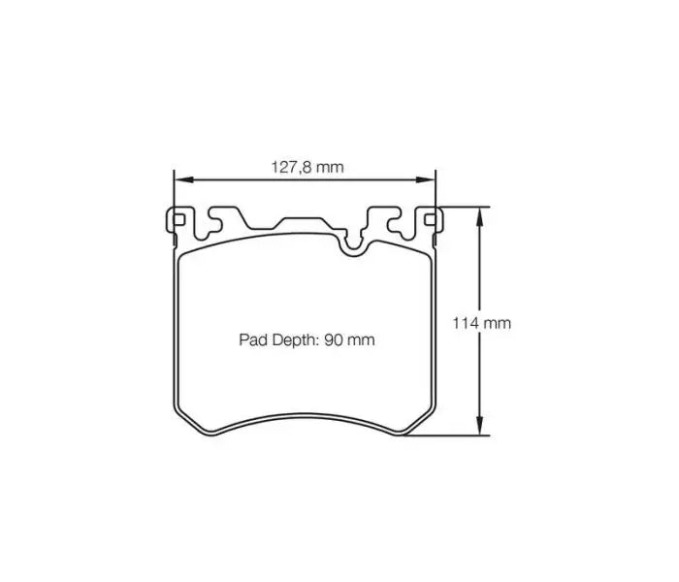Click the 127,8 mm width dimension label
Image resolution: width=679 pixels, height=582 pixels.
coord(307,167)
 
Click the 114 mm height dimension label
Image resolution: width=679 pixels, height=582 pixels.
coord(481,323)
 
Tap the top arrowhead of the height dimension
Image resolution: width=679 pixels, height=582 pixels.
coord(477,212)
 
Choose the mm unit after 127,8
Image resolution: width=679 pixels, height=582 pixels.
coord(331,167)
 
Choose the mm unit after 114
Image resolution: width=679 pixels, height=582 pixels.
coord(498,323)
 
